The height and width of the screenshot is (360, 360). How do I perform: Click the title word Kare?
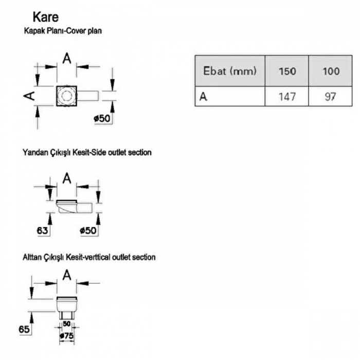pyautogui.click(x=45, y=16)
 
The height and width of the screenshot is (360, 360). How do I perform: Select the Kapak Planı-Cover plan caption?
pyautogui.click(x=63, y=31)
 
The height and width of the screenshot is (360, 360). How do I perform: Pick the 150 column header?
pyautogui.click(x=286, y=71)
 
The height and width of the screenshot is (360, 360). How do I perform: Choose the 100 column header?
pyautogui.click(x=331, y=71)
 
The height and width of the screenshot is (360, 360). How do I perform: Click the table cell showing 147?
pyautogui.click(x=286, y=96)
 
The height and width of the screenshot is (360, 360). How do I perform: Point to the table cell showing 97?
pyautogui.click(x=331, y=96)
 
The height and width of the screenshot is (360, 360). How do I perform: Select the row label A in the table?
pyautogui.click(x=203, y=96)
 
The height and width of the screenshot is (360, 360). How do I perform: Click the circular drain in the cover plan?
pyautogui.click(x=66, y=96)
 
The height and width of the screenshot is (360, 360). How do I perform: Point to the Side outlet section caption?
pyautogui.click(x=87, y=153)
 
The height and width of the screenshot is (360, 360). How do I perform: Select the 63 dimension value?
pyautogui.click(x=43, y=231)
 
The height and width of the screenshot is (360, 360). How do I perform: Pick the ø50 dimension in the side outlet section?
pyautogui.click(x=88, y=231)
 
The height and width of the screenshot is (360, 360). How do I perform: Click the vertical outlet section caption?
pyautogui.click(x=89, y=257)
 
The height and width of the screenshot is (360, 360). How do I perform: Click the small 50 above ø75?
pyautogui.click(x=66, y=324)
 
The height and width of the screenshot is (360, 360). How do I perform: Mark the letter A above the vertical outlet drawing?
pyautogui.click(x=66, y=276)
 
